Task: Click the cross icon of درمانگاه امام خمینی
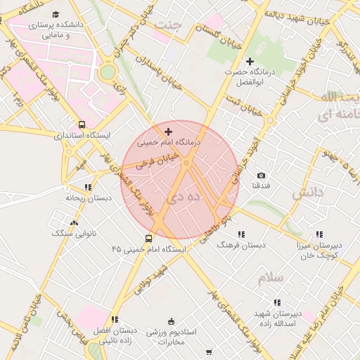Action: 167,131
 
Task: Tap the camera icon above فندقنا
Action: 262,175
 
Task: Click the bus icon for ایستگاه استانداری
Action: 82,124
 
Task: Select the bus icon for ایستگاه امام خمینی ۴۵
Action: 148,238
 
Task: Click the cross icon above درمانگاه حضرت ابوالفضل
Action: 250,62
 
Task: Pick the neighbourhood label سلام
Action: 270,278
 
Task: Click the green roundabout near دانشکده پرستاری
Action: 107,72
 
